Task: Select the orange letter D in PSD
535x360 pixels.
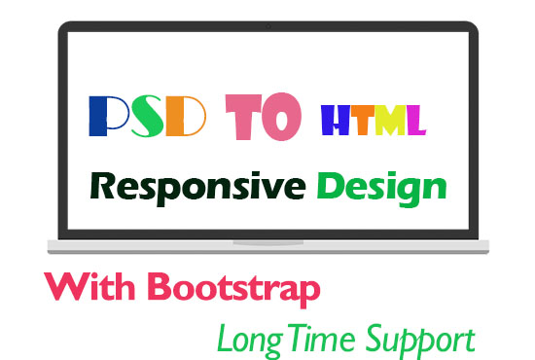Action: click(186, 118)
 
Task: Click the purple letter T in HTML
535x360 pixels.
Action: click(363, 121)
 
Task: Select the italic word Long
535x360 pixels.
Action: click(242, 340)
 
